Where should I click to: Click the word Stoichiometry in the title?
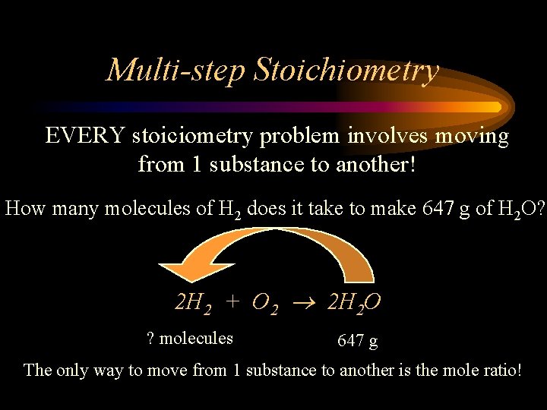(346, 70)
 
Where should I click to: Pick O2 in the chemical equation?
(266, 304)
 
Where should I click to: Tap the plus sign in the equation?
(233, 303)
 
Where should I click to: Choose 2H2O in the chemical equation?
(353, 304)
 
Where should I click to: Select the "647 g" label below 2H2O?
(357, 341)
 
